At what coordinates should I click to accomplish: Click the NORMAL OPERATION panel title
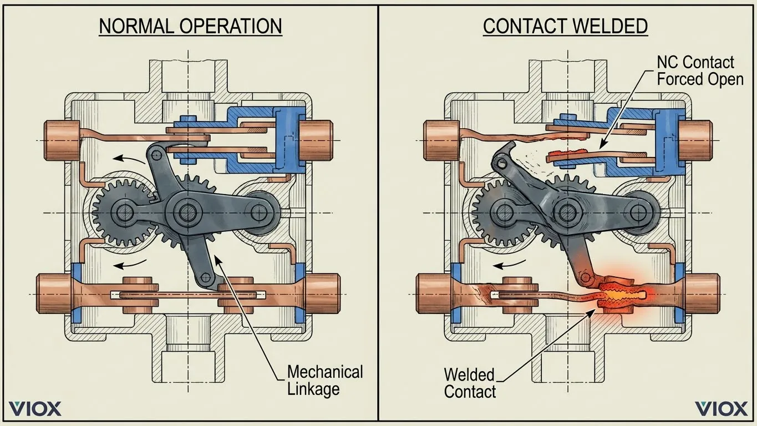[190, 26]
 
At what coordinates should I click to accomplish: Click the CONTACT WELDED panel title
[565, 26]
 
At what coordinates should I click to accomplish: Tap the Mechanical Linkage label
[325, 380]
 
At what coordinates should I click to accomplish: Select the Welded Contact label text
[470, 383]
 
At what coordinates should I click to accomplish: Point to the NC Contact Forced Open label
[699, 70]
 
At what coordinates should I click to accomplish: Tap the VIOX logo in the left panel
[35, 409]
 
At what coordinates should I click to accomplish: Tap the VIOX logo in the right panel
[721, 409]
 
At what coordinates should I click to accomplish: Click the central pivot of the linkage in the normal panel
[184, 211]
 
